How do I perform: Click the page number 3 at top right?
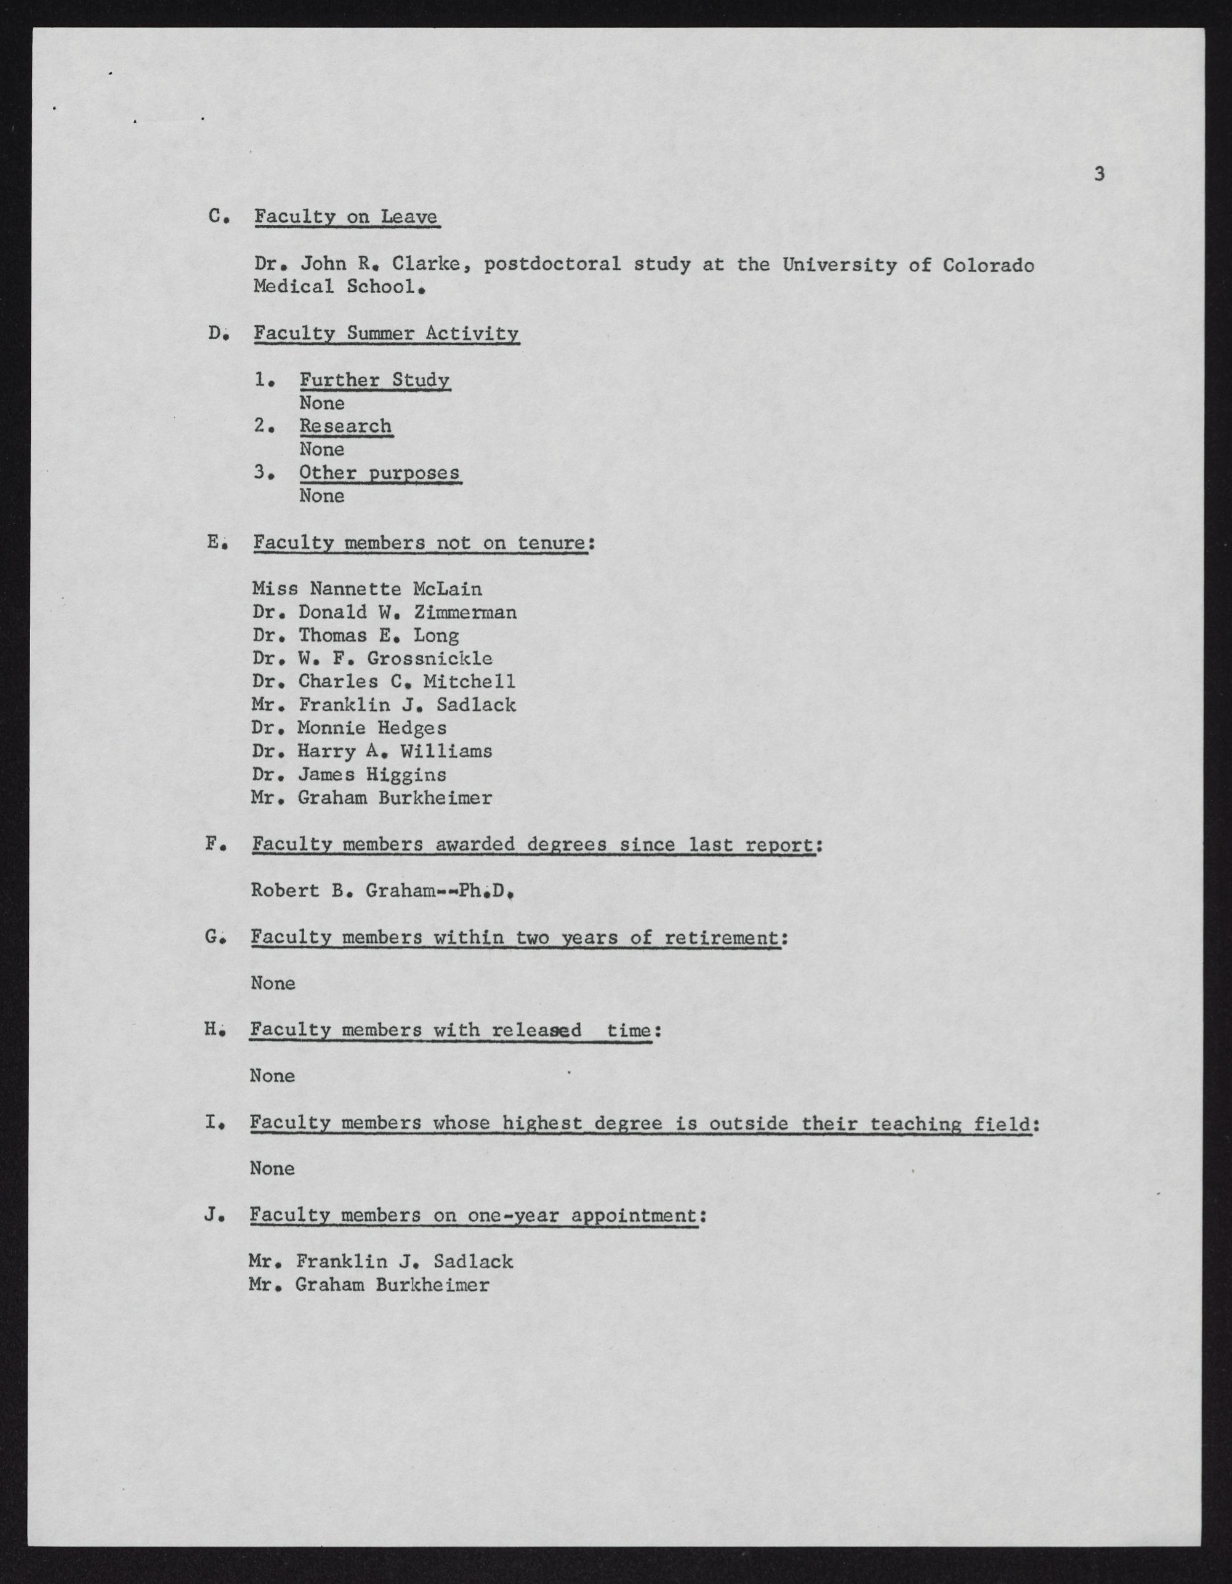point(1099,174)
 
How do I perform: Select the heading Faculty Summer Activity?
point(386,334)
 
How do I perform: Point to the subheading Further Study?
point(374,380)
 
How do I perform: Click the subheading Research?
point(345,426)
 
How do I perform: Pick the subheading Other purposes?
point(379,473)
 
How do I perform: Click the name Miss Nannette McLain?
point(367,589)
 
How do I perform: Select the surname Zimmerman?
point(465,612)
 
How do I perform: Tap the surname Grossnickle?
point(430,658)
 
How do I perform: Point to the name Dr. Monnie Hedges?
point(350,728)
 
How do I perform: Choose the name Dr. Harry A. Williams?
point(372,751)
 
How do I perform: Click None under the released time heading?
point(272,1075)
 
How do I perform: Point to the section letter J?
point(212,1215)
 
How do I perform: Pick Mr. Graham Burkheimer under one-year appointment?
point(368,1285)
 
